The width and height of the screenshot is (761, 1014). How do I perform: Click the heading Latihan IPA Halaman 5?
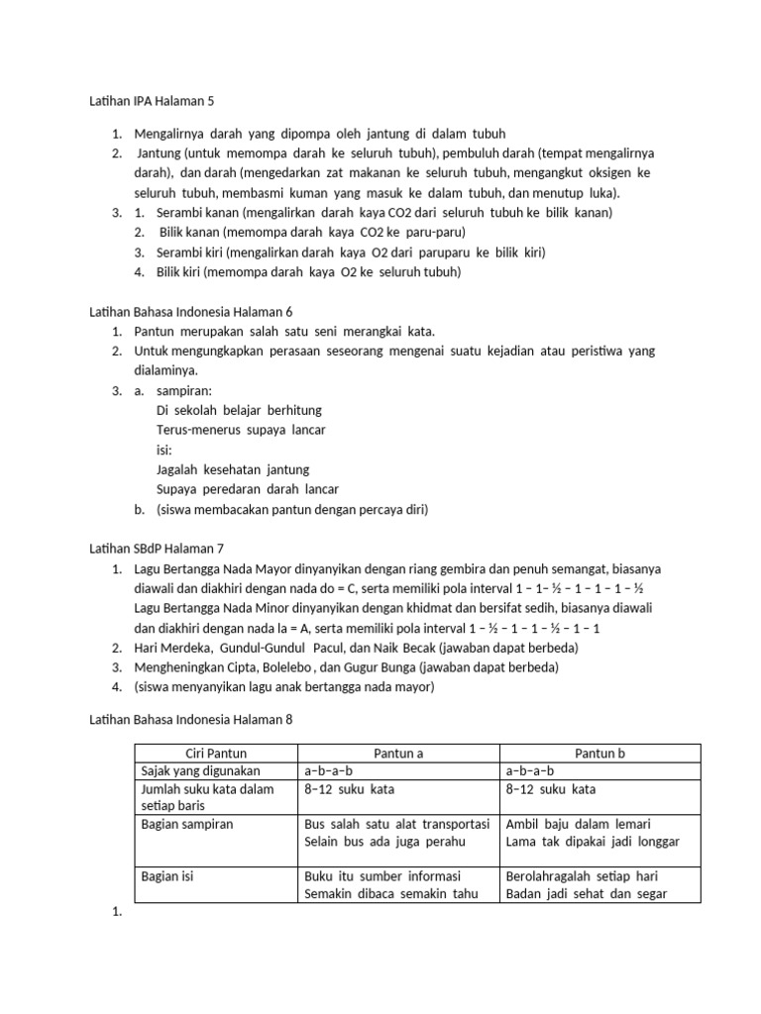[x=152, y=101]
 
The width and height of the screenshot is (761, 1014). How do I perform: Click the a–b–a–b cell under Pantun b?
[x=530, y=770]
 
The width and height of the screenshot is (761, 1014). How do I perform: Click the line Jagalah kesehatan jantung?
[x=233, y=469]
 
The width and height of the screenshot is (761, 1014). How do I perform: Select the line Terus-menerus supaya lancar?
[x=241, y=430]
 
